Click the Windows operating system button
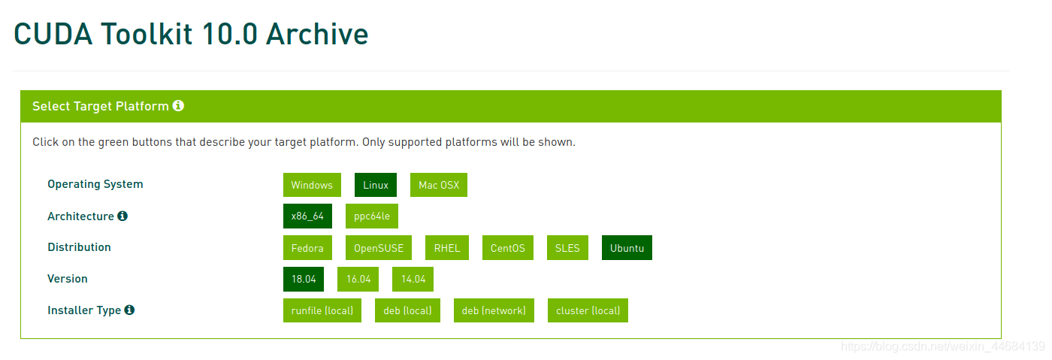pos(312,185)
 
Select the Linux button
pos(376,185)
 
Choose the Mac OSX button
pos(439,185)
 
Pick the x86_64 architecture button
pos(307,216)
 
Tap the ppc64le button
pos(372,216)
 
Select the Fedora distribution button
pos(307,248)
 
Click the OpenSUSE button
pos(379,248)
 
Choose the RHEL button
pos(447,248)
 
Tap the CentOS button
pos(508,248)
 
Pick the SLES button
pos(567,248)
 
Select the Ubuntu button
pos(627,248)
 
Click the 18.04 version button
pos(304,279)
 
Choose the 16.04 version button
pos(358,279)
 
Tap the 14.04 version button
pos(413,279)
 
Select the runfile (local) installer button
pos(322,310)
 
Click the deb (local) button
pos(407,310)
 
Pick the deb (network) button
pos(494,310)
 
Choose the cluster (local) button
pos(588,310)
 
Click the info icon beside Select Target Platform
pos(178,106)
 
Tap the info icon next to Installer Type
pos(129,310)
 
